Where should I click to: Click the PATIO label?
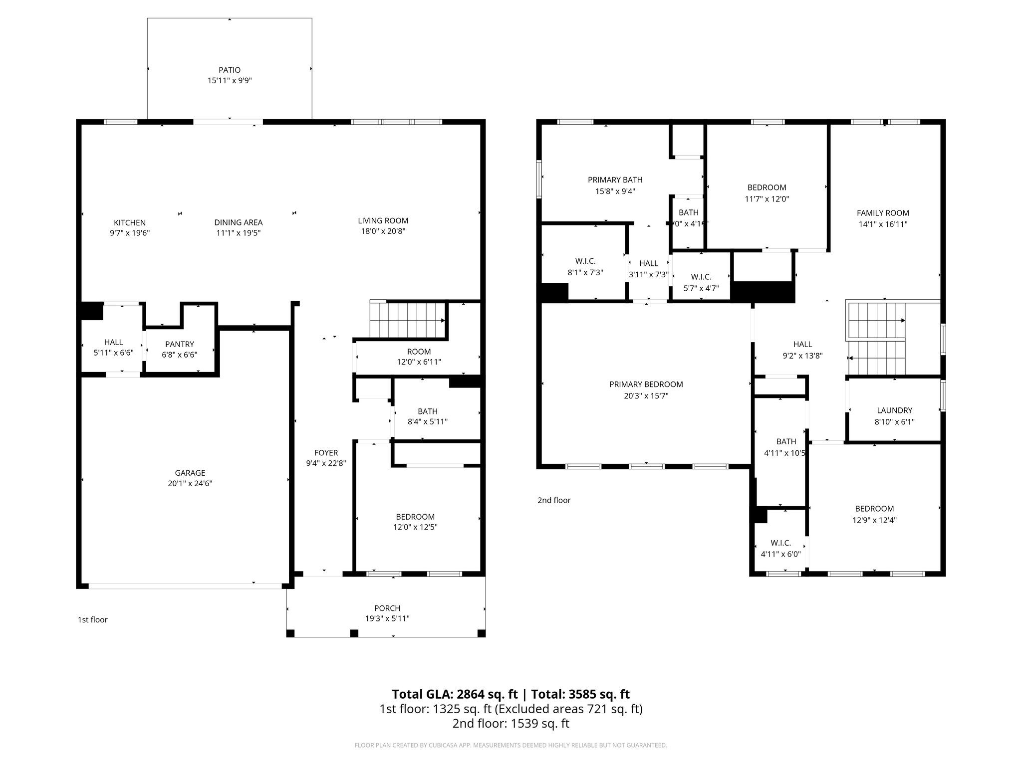[230, 70]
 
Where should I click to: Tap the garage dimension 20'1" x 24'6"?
[190, 483]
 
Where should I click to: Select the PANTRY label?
[180, 344]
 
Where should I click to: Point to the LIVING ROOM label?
[383, 220]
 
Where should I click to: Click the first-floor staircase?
[407, 319]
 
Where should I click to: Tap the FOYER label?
[326, 453]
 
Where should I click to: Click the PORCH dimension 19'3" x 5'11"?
[387, 618]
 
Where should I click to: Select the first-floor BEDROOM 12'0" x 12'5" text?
[415, 522]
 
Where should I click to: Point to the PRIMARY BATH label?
[615, 180]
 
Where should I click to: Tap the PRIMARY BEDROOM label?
[646, 384]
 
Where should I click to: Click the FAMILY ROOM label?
[883, 213]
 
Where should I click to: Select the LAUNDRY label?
[894, 410]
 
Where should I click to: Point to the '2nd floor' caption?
[554, 500]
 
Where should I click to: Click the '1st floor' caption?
[92, 620]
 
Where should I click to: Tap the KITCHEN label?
[130, 222]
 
